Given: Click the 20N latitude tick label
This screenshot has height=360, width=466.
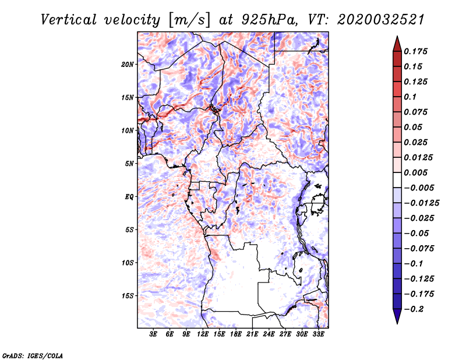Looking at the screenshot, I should click(128, 64).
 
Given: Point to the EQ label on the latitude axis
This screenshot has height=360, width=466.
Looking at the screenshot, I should click(129, 196).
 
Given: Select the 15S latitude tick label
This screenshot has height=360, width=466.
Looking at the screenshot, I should click(128, 295).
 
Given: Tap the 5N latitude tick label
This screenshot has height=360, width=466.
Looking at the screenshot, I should click(129, 163).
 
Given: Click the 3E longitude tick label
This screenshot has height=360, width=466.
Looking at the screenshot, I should click(154, 334).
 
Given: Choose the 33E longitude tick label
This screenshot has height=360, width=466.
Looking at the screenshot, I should click(318, 334).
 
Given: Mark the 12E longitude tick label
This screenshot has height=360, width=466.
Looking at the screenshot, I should click(203, 334).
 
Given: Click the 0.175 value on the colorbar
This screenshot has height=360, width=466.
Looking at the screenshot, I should click(416, 51).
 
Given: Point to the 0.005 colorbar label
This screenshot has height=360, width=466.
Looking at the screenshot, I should click(416, 172).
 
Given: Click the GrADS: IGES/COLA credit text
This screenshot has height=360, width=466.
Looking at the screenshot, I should click(32, 354).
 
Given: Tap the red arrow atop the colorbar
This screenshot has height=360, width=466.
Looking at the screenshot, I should click(396, 43).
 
